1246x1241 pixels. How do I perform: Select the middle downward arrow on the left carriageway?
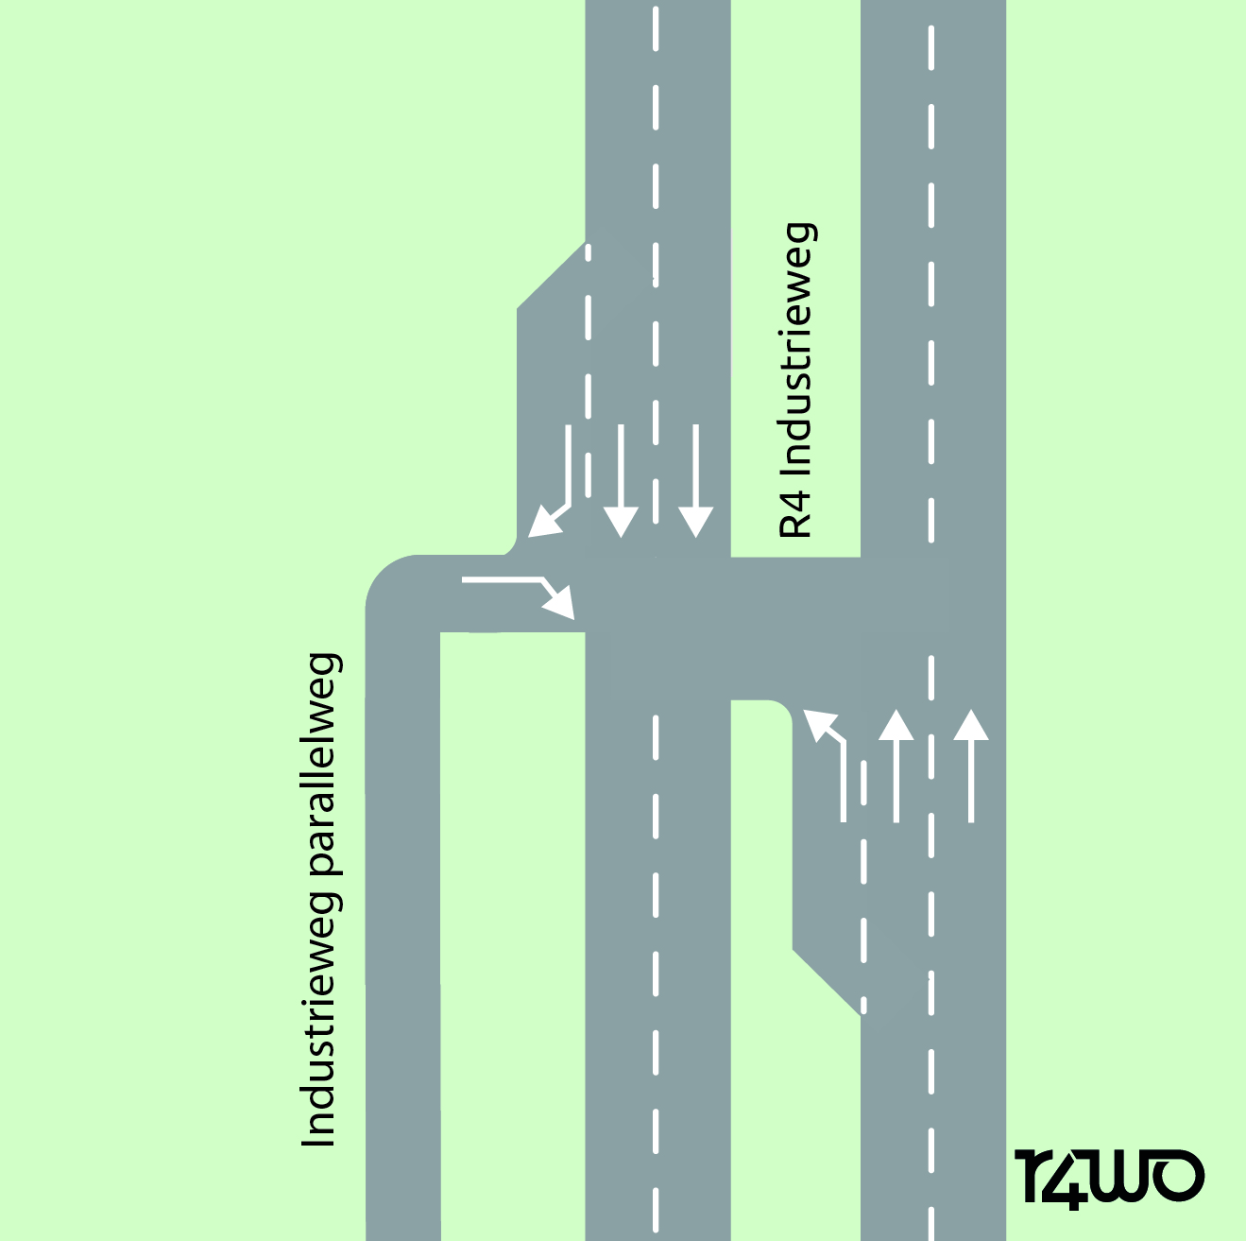pyautogui.click(x=621, y=482)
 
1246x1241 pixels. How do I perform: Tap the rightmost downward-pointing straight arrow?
pyautogui.click(x=695, y=482)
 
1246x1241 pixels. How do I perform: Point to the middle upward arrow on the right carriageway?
pyautogui.click(x=896, y=766)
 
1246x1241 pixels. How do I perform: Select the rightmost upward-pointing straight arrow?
pyautogui.click(x=970, y=766)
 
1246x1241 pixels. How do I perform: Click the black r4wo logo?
pyautogui.click(x=1110, y=1178)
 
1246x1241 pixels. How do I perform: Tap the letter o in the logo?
pyautogui.click(x=1178, y=1177)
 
